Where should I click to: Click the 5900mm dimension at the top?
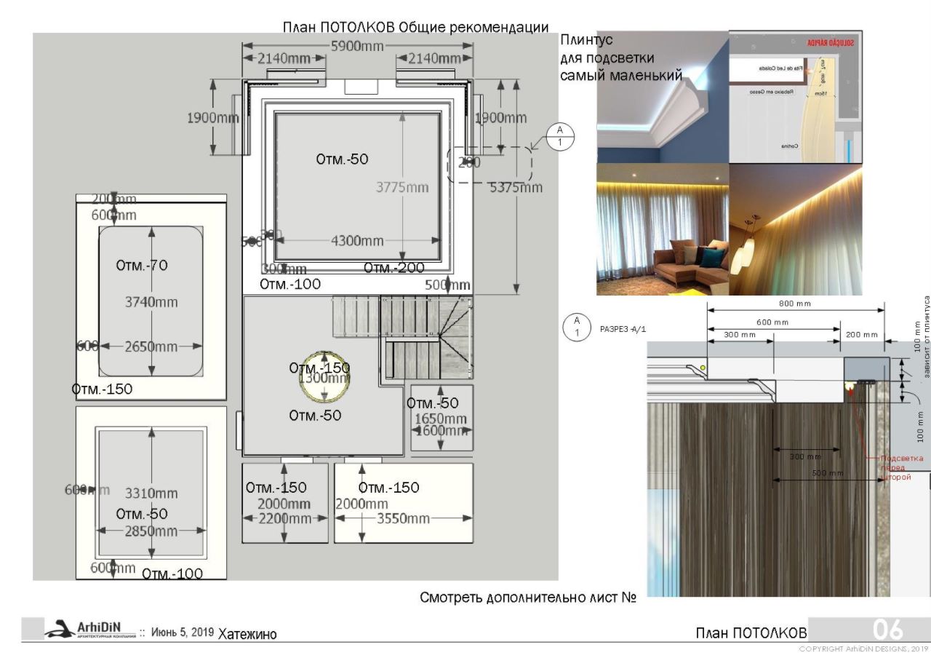click(x=357, y=46)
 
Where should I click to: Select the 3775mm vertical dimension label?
click(x=402, y=187)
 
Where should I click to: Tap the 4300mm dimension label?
click(x=357, y=241)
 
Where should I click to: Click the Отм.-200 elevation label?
click(x=393, y=268)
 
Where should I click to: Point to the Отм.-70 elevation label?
click(x=142, y=265)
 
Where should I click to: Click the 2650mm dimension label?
click(x=151, y=346)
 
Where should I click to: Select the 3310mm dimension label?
click(x=151, y=493)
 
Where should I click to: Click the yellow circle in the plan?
click(x=325, y=376)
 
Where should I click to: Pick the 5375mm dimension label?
click(x=516, y=187)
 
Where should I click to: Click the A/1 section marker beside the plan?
click(x=560, y=136)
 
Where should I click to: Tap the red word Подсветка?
click(x=901, y=458)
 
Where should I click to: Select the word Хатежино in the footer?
click(x=247, y=634)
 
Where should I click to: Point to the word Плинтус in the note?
click(x=586, y=40)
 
